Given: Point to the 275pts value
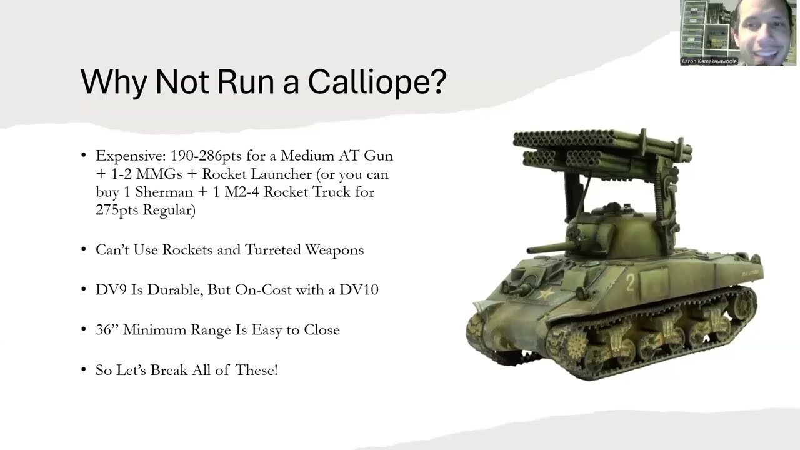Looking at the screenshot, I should click(117, 210).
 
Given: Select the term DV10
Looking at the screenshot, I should click(359, 290).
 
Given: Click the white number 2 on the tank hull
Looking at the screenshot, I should click(630, 282).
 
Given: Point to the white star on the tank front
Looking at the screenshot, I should click(545, 292).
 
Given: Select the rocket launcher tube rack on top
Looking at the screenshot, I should click(600, 147).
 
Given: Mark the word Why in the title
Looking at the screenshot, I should click(114, 82).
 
